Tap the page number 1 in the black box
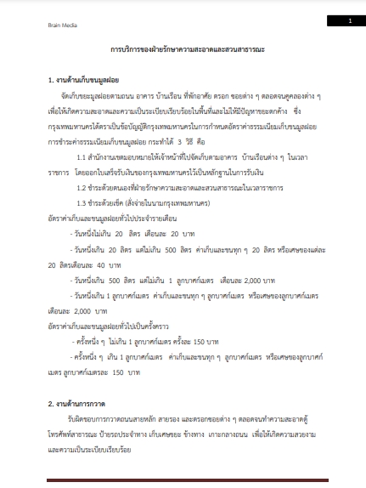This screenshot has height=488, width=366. pos(349,20)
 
